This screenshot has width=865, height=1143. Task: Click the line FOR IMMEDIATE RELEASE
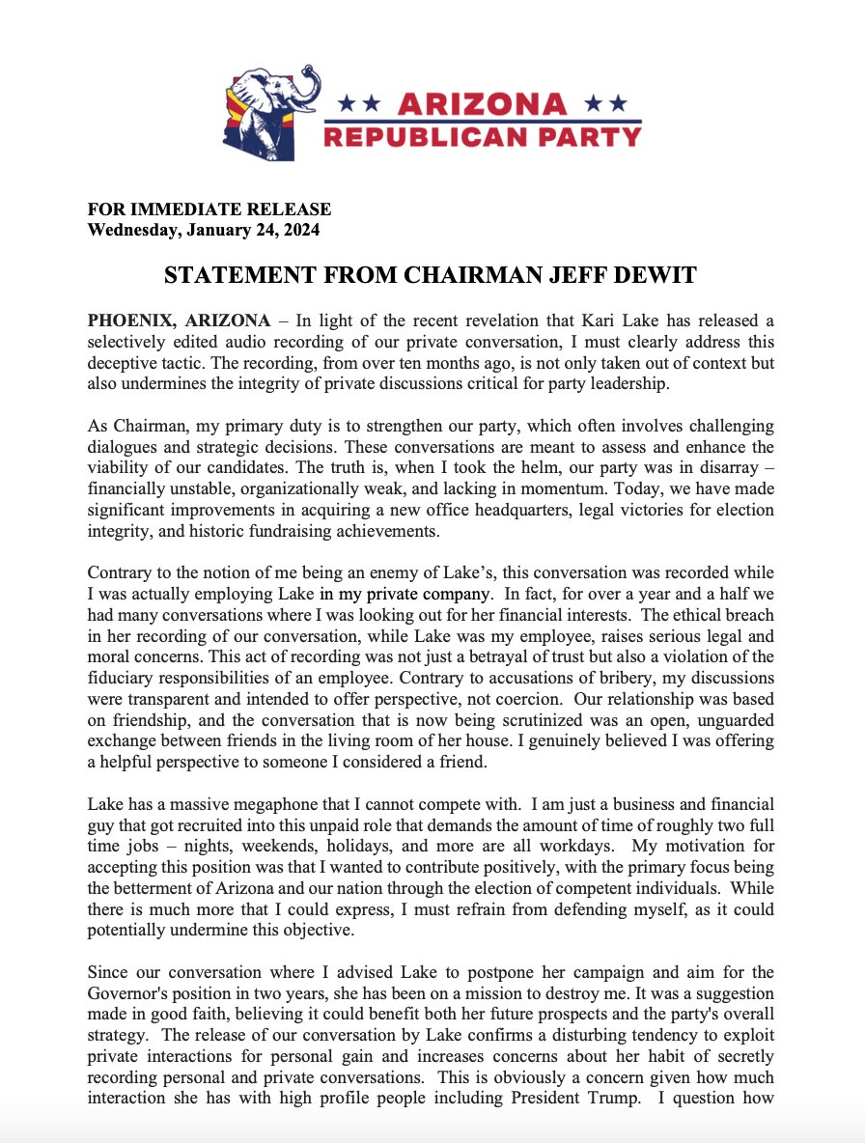click(x=209, y=209)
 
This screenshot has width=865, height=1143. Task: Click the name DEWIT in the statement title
click(x=654, y=275)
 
